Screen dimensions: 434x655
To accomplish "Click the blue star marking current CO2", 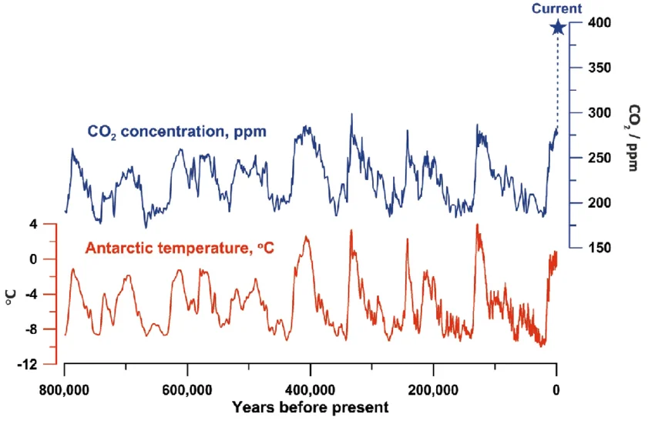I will pos(557,28).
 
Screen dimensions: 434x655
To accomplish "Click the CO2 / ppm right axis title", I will pos(633,137).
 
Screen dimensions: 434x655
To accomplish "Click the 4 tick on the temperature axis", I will pos(33,225).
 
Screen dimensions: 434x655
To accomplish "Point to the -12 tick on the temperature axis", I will pos(29,364).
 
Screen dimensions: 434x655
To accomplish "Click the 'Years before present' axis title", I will pos(310,407).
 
